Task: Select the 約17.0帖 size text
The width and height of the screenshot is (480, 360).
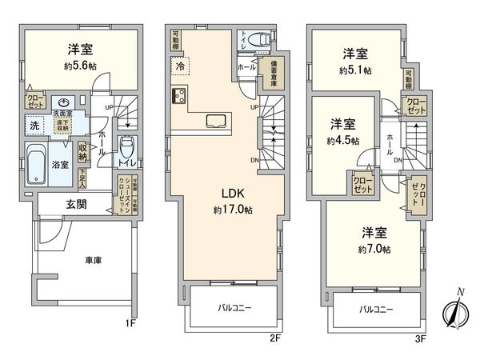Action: click(x=222, y=210)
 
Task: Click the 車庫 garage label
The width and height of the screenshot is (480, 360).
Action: click(x=94, y=260)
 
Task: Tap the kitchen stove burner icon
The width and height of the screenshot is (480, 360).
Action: click(x=178, y=98)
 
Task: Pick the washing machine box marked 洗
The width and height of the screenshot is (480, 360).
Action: click(x=35, y=126)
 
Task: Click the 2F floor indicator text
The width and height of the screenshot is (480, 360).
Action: click(x=275, y=339)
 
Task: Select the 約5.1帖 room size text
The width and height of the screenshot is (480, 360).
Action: click(x=356, y=70)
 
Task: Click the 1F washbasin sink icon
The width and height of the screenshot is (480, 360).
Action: click(x=65, y=103)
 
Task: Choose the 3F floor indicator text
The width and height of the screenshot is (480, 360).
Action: click(x=422, y=339)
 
